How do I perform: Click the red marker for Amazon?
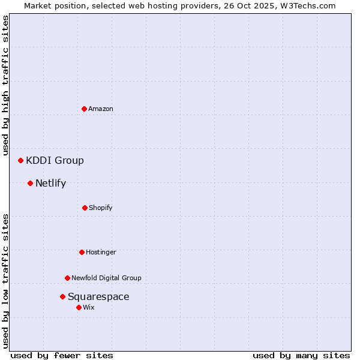(x=84, y=109)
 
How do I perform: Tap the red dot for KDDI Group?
(x=20, y=160)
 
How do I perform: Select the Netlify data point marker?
(x=30, y=183)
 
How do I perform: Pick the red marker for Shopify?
(x=85, y=208)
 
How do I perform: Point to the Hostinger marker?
(x=82, y=252)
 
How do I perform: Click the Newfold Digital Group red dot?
(x=67, y=278)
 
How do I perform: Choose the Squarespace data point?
(x=62, y=296)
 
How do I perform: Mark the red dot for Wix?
(x=79, y=307)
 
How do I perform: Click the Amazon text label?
(x=101, y=109)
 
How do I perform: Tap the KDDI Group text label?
(x=55, y=160)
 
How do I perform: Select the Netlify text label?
(x=50, y=183)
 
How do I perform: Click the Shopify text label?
(x=101, y=208)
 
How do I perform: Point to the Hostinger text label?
(x=101, y=252)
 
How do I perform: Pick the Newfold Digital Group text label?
(x=106, y=278)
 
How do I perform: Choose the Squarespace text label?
(x=98, y=296)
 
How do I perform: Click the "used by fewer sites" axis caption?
(x=62, y=355)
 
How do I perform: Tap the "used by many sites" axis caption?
(x=301, y=355)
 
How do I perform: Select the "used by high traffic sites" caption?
(x=6, y=85)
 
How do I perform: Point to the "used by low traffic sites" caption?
(x=6, y=280)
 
